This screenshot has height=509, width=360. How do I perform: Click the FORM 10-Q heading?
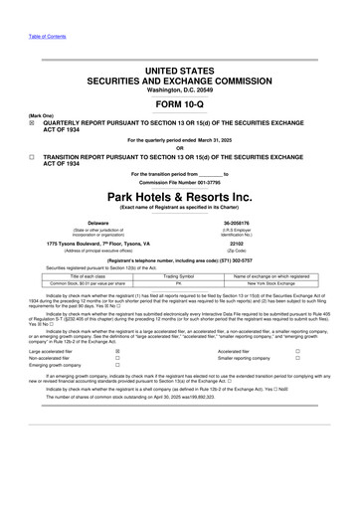179,103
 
